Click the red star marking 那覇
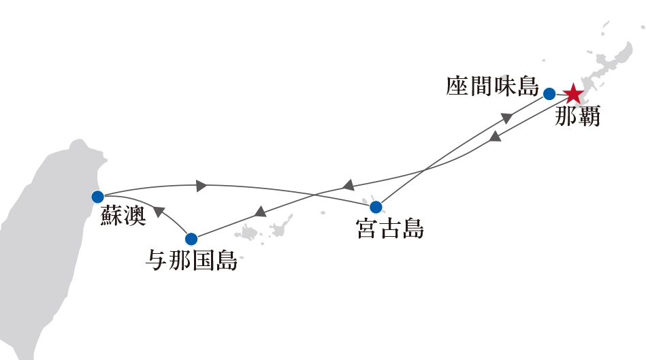[x=573, y=93]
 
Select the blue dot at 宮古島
[x=376, y=207]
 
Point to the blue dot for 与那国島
[x=191, y=239]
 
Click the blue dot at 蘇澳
[x=97, y=197]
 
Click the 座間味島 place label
[x=492, y=87]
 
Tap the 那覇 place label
[x=577, y=116]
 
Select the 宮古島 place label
[x=390, y=229]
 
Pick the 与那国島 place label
[x=193, y=261]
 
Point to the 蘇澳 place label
[x=123, y=217]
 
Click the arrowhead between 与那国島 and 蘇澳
[x=159, y=212]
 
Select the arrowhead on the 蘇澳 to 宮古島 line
[x=201, y=184]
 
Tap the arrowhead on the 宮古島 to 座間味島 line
[x=506, y=117]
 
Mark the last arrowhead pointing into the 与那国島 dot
[x=260, y=212]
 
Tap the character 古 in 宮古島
[x=390, y=229]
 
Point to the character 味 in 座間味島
[x=504, y=87]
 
